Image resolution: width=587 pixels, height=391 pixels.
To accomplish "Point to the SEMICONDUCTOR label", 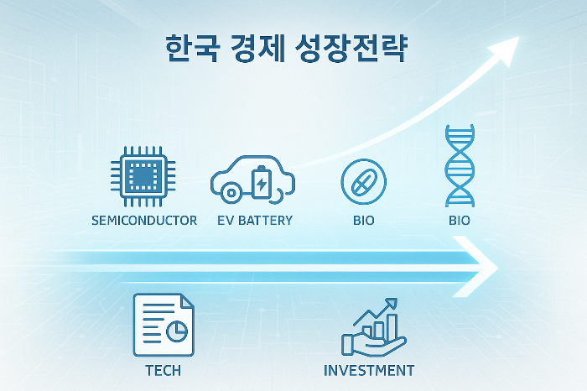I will point(143,221).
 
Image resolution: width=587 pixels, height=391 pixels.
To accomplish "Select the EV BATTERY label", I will point(255,221).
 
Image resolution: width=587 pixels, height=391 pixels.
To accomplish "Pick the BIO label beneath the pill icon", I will point(364,221).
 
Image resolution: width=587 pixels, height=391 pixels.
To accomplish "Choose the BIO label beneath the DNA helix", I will point(459,221).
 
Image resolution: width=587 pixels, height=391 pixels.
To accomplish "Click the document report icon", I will point(164,326).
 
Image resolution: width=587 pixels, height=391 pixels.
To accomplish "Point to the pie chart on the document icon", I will point(177,333).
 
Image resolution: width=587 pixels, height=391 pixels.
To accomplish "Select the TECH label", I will point(163,370).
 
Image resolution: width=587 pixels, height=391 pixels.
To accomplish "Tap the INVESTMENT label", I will point(369,370).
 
